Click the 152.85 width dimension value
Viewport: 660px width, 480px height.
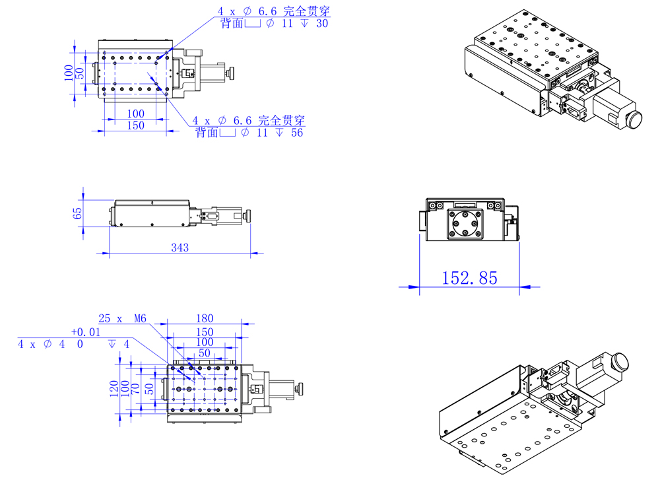point(469,278)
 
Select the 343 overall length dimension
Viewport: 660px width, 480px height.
point(180,248)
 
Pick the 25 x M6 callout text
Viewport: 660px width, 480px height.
point(121,318)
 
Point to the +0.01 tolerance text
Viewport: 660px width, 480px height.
point(86,332)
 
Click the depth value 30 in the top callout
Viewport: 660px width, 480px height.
point(323,23)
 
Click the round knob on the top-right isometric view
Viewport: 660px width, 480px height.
point(634,120)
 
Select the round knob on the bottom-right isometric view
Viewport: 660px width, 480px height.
point(620,361)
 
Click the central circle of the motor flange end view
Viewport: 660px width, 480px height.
point(466,223)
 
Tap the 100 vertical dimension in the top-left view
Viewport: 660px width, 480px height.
point(69,73)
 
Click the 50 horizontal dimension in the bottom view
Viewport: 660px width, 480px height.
point(205,353)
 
